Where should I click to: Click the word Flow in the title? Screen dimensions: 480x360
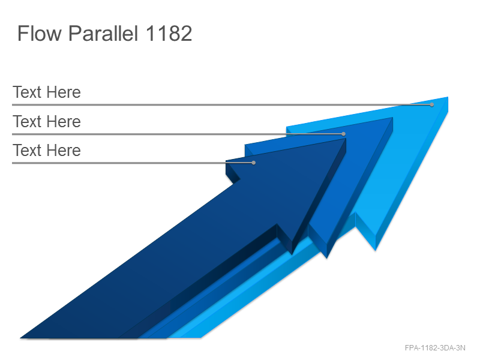[40, 34]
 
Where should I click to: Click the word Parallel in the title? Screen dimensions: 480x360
[103, 34]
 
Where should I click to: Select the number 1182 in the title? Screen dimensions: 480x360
[169, 34]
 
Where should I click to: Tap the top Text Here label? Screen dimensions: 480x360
[47, 92]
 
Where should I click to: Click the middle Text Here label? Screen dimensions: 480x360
[47, 122]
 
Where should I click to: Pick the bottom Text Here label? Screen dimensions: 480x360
[47, 151]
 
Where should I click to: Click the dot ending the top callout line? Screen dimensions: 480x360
[431, 104]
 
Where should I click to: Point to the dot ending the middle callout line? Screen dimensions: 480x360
[343, 134]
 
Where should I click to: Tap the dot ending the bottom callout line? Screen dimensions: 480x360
[253, 163]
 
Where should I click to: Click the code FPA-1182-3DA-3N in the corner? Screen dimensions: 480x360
[435, 348]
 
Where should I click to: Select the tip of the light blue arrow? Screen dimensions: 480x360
[448, 97]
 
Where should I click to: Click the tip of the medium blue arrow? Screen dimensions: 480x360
[392, 118]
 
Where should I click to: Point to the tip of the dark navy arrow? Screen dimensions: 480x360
[346, 139]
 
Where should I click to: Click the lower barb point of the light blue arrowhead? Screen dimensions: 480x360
[376, 250]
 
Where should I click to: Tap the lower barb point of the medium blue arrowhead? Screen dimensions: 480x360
[326, 258]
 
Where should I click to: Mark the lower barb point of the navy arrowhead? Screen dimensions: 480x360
[292, 254]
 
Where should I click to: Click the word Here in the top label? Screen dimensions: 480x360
[64, 92]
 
